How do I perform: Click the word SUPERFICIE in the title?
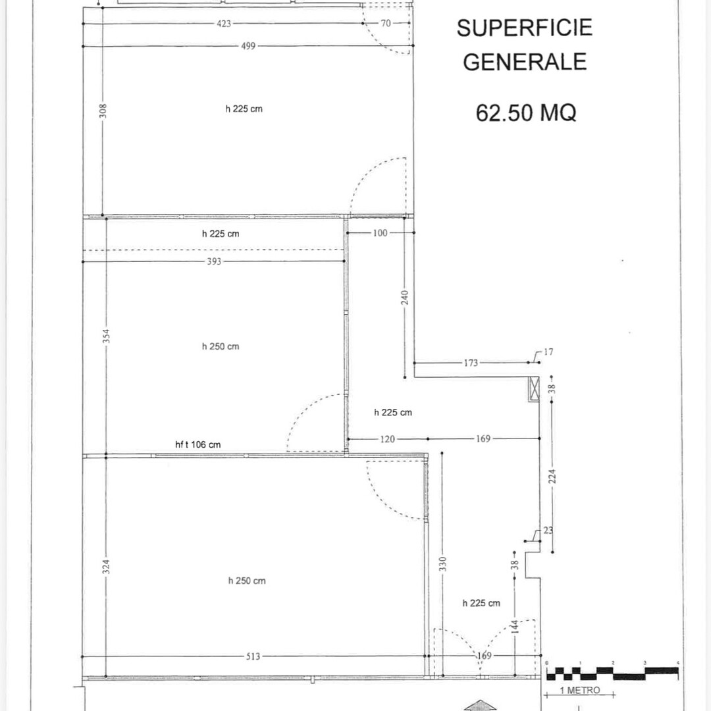pos(524,28)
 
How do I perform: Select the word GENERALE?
pos(524,61)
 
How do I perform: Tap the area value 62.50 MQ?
pos(525,113)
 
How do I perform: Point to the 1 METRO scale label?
pos(579,690)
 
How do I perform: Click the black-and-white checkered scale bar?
pos(612,673)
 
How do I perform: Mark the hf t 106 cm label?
pos(198,444)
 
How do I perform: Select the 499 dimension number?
pos(248,46)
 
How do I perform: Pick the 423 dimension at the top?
pos(224,24)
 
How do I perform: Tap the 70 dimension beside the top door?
pos(386,24)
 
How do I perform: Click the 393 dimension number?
pos(215,261)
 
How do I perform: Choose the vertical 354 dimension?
pos(106,336)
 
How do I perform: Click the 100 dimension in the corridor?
pos(381,233)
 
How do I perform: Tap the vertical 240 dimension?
pos(405,297)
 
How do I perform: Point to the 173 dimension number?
pos(471,362)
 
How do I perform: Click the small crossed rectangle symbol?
pos(534,389)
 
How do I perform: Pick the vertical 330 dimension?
pos(442,564)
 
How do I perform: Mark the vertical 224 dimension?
pos(552,475)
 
